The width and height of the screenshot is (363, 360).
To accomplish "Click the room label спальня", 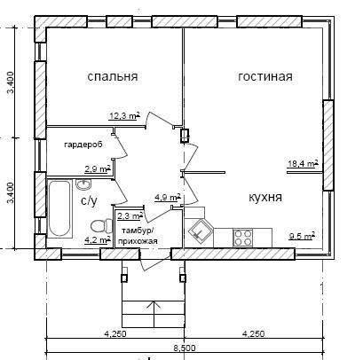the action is [x=113, y=76].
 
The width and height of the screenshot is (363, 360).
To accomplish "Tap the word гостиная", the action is [x=265, y=76].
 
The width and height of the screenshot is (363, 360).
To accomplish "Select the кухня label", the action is [x=265, y=197].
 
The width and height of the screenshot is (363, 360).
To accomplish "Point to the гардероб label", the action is [x=83, y=145].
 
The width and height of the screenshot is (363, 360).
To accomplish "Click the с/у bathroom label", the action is [x=89, y=201].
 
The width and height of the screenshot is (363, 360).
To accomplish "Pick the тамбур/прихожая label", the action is [x=138, y=236].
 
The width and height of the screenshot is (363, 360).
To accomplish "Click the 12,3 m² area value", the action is [x=124, y=116].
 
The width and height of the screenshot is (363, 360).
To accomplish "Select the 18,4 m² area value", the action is [x=304, y=163].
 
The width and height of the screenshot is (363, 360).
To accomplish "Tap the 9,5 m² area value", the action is [x=302, y=236].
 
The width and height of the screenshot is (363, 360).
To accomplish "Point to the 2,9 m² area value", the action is [x=98, y=169].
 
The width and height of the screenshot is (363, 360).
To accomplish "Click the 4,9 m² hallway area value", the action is [x=168, y=198].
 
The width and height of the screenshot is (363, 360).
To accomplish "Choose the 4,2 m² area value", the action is [x=98, y=240].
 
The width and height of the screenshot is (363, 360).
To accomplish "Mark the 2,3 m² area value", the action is [x=130, y=215].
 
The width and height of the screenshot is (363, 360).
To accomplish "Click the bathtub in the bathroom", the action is [x=59, y=208].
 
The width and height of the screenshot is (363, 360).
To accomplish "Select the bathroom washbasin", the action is [x=84, y=184].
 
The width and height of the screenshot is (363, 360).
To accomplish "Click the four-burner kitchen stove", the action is [x=243, y=238].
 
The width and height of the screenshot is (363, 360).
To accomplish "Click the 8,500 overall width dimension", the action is [x=185, y=348].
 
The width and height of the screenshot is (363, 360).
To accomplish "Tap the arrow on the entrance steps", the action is [x=154, y=314].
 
